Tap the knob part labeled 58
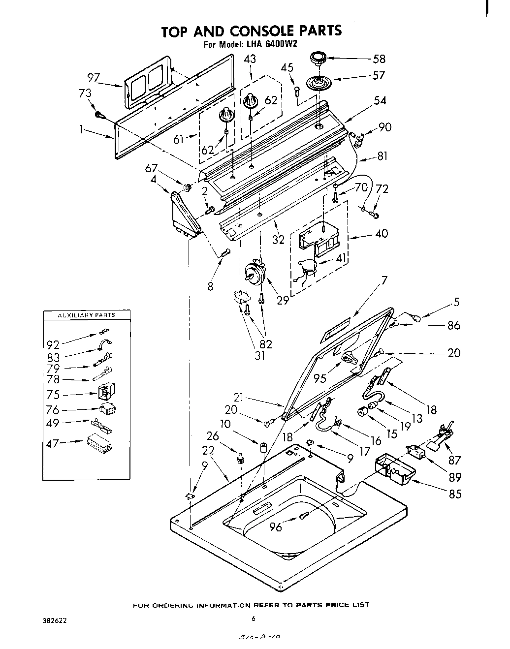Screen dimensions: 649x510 [x=318, y=60]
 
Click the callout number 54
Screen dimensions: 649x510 [x=380, y=100]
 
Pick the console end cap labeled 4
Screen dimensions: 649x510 [x=185, y=215]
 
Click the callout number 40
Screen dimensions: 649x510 [x=381, y=233]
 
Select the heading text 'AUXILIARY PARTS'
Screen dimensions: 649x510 [x=87, y=314]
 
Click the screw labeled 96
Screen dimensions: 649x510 [x=304, y=515]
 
